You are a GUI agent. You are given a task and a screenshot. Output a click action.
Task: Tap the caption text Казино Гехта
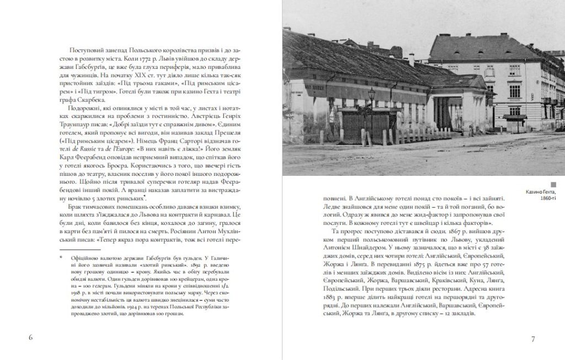point(541,192)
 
